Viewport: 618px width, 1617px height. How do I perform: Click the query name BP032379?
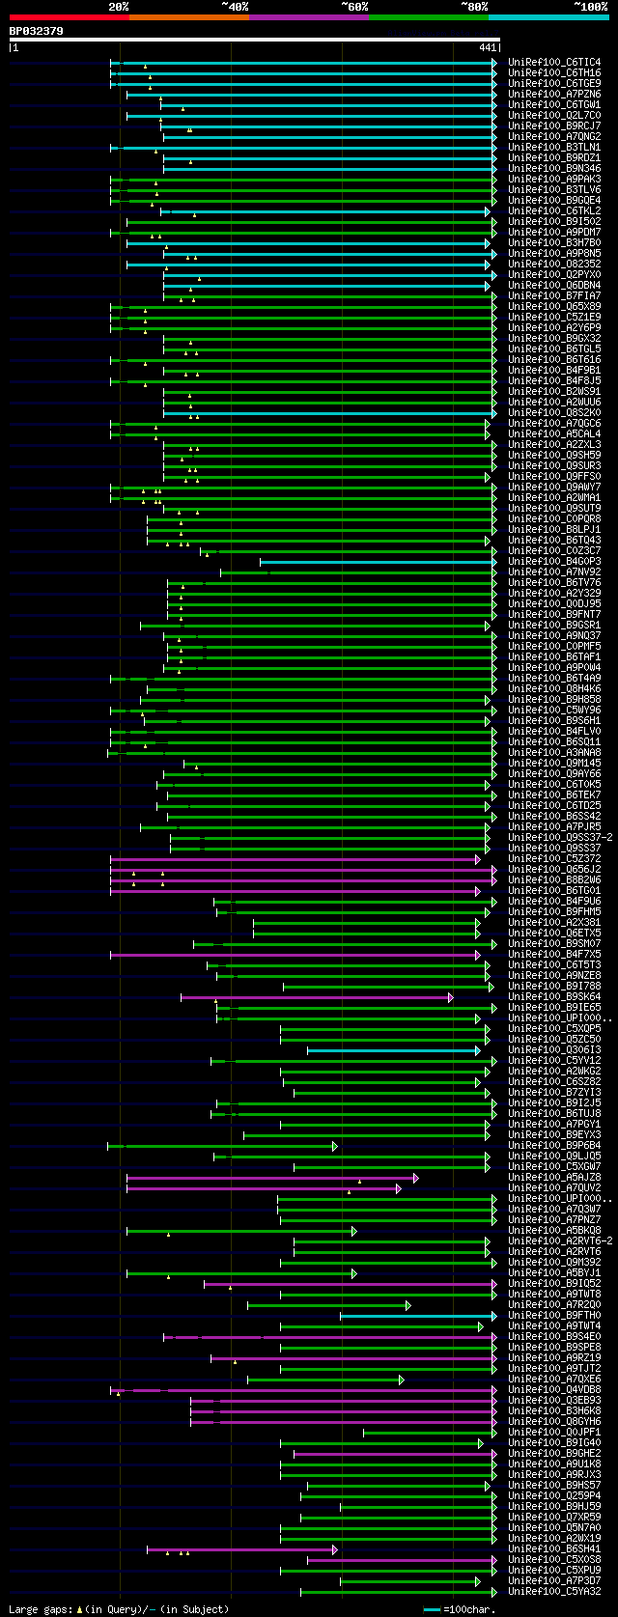coord(36,31)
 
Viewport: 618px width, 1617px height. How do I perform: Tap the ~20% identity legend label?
coord(119,7)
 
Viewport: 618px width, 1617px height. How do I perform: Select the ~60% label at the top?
coord(354,7)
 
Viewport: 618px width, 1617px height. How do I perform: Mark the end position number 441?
coord(488,47)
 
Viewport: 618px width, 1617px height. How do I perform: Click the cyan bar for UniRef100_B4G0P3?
coord(377,562)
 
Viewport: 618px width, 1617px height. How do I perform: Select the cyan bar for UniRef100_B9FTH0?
coord(416,1316)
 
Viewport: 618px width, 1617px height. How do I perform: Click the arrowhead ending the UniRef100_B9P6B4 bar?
coord(335,1146)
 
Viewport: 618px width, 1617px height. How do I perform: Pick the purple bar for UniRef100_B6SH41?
coord(241,1549)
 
